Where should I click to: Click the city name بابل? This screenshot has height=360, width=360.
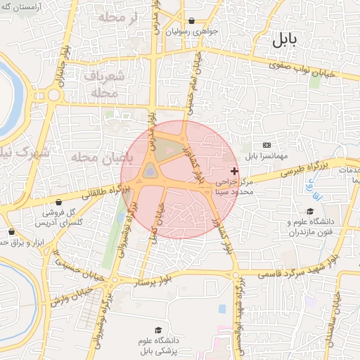(x=285, y=40)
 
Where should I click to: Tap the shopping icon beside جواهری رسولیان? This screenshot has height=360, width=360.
(x=192, y=21)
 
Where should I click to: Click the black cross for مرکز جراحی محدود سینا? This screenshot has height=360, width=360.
(x=234, y=171)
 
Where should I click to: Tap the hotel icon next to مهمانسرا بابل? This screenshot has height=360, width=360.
(x=266, y=145)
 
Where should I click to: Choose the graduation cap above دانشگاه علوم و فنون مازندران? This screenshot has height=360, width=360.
(x=309, y=211)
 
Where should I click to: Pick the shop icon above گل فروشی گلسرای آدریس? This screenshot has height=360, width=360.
(x=58, y=202)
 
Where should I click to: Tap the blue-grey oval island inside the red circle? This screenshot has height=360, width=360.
(x=150, y=171)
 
